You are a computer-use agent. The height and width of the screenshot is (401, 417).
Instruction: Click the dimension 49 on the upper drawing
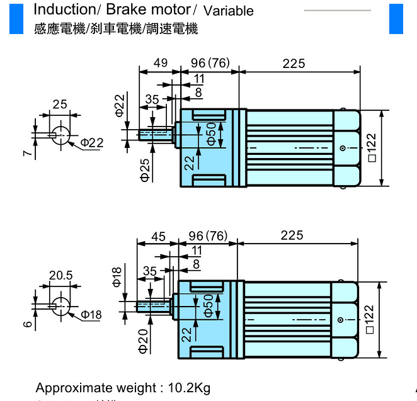pos(160,63)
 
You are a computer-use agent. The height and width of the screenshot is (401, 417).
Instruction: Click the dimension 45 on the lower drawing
pos(158,236)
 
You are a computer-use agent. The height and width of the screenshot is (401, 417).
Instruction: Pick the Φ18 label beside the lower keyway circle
pos(91,314)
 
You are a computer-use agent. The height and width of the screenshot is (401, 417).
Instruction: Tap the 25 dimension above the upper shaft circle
pos(60,104)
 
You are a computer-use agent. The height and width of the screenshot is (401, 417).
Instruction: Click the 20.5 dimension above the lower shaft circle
pos(61,275)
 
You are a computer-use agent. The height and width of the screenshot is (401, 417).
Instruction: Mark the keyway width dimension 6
pos(28,324)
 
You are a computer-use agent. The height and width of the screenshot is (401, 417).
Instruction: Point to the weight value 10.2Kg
pos(188,388)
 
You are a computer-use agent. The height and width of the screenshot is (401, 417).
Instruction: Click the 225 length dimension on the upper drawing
pos(294,63)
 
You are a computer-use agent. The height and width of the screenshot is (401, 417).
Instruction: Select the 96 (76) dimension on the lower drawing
pos(208,236)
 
